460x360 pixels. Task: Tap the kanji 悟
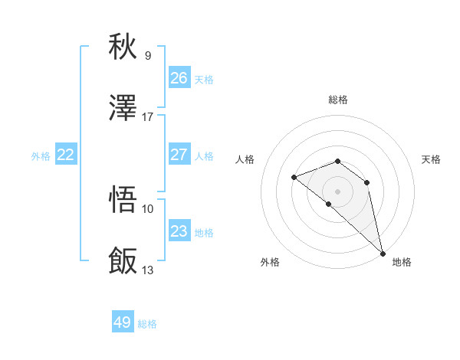pos(123,199)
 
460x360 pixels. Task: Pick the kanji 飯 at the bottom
pos(123,261)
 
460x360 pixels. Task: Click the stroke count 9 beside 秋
pos(148,55)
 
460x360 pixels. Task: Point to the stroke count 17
pos(148,117)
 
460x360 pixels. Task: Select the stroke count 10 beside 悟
pos(148,208)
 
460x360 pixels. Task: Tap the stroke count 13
pos(148,270)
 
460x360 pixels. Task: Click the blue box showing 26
pos(179,78)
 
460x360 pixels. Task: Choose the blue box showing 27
pos(179,155)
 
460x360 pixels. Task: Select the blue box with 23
pos(179,231)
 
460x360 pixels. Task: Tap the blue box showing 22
pos(66,155)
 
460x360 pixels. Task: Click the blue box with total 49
pos(123,322)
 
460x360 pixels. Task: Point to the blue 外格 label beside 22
pos(41,156)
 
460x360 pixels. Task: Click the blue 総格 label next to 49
pos(148,324)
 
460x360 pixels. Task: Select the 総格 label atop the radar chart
pos(338,100)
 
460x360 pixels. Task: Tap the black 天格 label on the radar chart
pos(432,159)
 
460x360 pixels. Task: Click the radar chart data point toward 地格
pos(383,253)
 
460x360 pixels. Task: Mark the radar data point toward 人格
pos(294,178)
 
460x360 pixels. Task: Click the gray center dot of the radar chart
pos(337,191)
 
